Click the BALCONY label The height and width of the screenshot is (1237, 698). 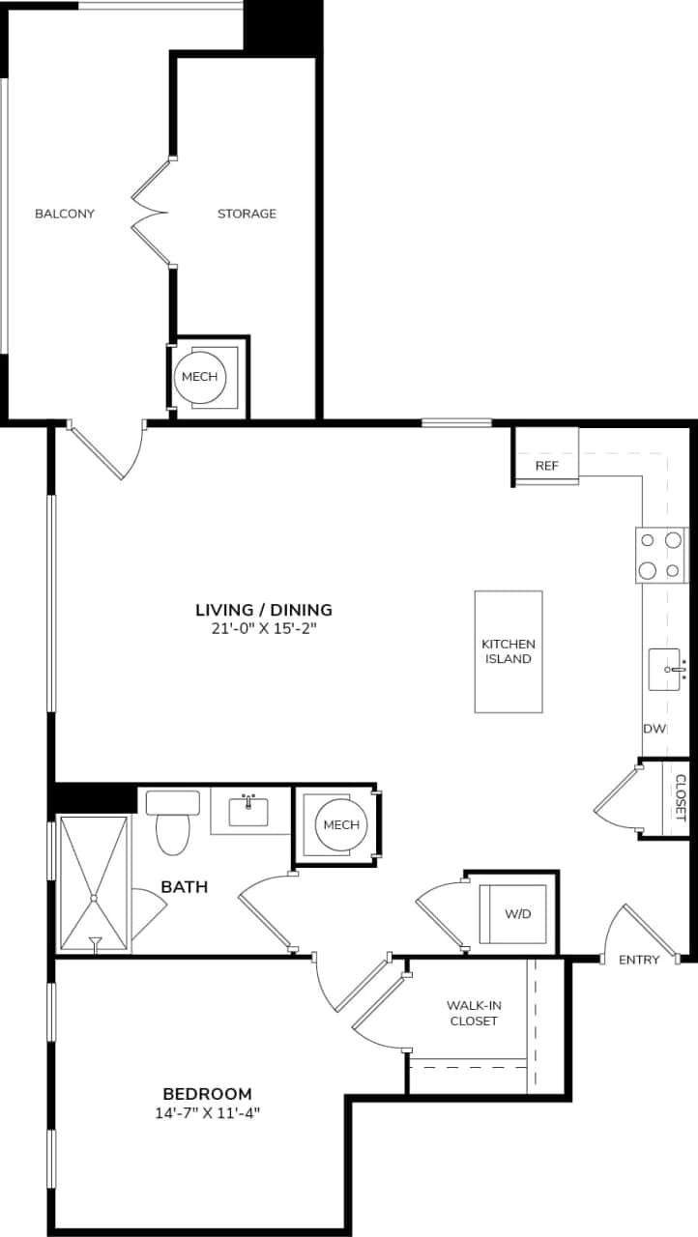[65, 214]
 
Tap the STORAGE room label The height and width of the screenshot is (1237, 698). [247, 214]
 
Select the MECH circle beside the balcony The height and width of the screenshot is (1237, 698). [200, 377]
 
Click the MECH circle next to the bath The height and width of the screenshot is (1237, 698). [341, 824]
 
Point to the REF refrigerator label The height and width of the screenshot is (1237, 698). [547, 466]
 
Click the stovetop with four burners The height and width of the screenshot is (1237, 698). [660, 556]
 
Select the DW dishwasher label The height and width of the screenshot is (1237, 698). [654, 729]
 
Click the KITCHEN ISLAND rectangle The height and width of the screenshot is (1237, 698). [509, 651]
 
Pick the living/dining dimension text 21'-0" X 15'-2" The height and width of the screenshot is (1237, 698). [264, 628]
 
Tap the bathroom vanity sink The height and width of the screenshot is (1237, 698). [249, 811]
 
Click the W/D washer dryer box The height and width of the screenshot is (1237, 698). [518, 913]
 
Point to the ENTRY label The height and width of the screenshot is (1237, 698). [639, 960]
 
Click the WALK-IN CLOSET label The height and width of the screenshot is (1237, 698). [474, 1013]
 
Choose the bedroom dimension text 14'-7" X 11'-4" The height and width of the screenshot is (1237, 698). [207, 1112]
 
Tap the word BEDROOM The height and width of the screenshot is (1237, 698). [207, 1094]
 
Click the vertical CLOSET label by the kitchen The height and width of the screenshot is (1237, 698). [680, 798]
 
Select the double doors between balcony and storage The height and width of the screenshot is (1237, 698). [151, 212]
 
